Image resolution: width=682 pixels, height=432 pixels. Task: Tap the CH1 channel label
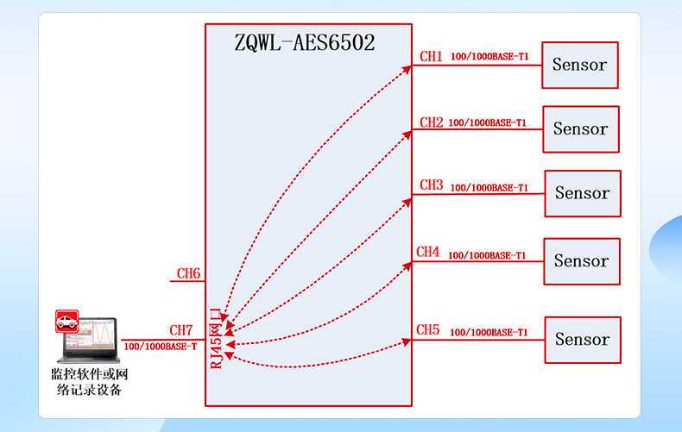(431, 57)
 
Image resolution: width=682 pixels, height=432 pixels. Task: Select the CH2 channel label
(431, 122)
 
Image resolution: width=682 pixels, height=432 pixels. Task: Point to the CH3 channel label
(431, 185)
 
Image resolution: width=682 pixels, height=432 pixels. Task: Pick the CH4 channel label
(428, 252)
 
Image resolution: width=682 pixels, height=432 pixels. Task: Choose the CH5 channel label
(428, 330)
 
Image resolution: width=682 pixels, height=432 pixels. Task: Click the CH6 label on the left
(189, 274)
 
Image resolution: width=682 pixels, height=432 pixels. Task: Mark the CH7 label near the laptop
(181, 330)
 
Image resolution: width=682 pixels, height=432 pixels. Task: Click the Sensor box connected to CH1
(580, 65)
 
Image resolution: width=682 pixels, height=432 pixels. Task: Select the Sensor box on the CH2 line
(580, 129)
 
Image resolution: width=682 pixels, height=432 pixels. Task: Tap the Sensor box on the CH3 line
(582, 194)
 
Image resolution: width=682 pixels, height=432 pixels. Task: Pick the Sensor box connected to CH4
(581, 260)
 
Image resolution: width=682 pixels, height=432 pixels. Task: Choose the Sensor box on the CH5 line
(582, 340)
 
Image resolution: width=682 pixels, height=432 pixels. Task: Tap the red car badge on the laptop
(66, 322)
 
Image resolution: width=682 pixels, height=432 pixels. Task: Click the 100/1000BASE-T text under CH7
(161, 347)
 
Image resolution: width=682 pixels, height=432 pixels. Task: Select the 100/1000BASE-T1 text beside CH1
(489, 58)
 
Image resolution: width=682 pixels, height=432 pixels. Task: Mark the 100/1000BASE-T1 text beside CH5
(489, 332)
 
